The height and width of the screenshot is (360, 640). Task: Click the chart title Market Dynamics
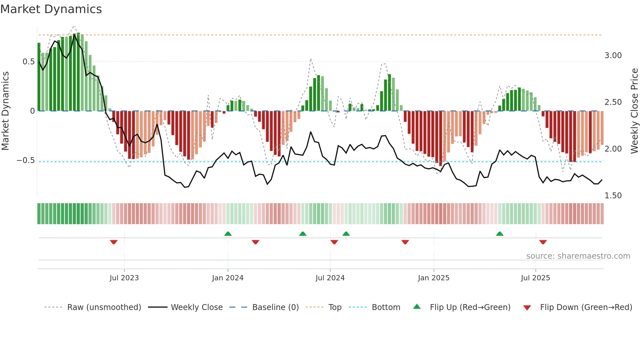click(x=51, y=9)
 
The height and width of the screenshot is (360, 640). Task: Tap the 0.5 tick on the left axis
click(x=28, y=62)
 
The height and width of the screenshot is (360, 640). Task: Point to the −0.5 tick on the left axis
click(x=26, y=160)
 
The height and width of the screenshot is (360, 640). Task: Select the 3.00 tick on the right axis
click(x=613, y=56)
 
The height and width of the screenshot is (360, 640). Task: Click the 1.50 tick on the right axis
click(x=613, y=196)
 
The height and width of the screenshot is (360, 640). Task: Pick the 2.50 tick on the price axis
click(x=613, y=102)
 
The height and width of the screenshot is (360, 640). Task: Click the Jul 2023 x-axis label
click(x=124, y=278)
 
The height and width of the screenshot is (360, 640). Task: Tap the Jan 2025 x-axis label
click(x=433, y=278)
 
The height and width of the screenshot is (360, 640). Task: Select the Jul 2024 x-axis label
click(x=330, y=278)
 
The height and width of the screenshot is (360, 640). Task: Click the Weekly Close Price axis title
click(x=634, y=111)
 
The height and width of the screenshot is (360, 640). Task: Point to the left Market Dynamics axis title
click(x=5, y=111)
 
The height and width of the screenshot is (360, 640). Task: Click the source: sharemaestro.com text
click(x=578, y=256)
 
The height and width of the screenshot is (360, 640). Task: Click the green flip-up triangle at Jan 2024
click(x=228, y=234)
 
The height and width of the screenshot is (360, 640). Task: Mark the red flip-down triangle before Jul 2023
click(x=114, y=242)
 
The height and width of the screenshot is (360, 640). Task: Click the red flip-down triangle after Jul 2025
click(x=543, y=242)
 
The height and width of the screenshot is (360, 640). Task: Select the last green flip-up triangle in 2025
click(x=500, y=234)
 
